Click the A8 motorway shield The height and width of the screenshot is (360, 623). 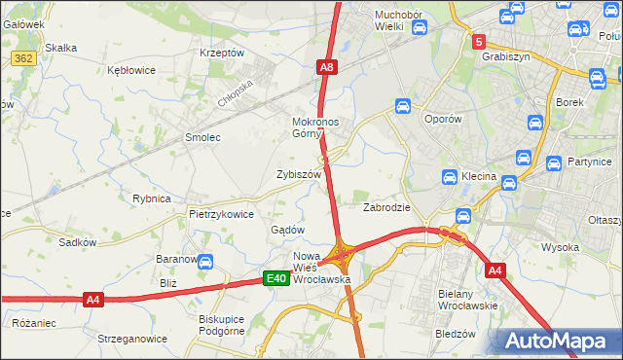327,67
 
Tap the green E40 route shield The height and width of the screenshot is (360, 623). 276,278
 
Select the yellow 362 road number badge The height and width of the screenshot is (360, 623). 24,58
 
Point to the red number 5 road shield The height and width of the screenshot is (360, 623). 479,42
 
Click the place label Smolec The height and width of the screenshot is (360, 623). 202,137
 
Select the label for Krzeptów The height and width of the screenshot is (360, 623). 221,53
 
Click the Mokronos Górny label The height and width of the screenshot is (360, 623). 315,128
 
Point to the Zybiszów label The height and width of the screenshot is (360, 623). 299,174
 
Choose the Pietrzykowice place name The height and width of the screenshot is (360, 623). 222,214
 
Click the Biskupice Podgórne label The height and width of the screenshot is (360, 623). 227,326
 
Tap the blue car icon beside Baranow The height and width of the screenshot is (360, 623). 205,261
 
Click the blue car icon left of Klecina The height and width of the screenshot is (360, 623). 450,178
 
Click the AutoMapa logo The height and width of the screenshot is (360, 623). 555,341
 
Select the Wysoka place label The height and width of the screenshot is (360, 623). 560,247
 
